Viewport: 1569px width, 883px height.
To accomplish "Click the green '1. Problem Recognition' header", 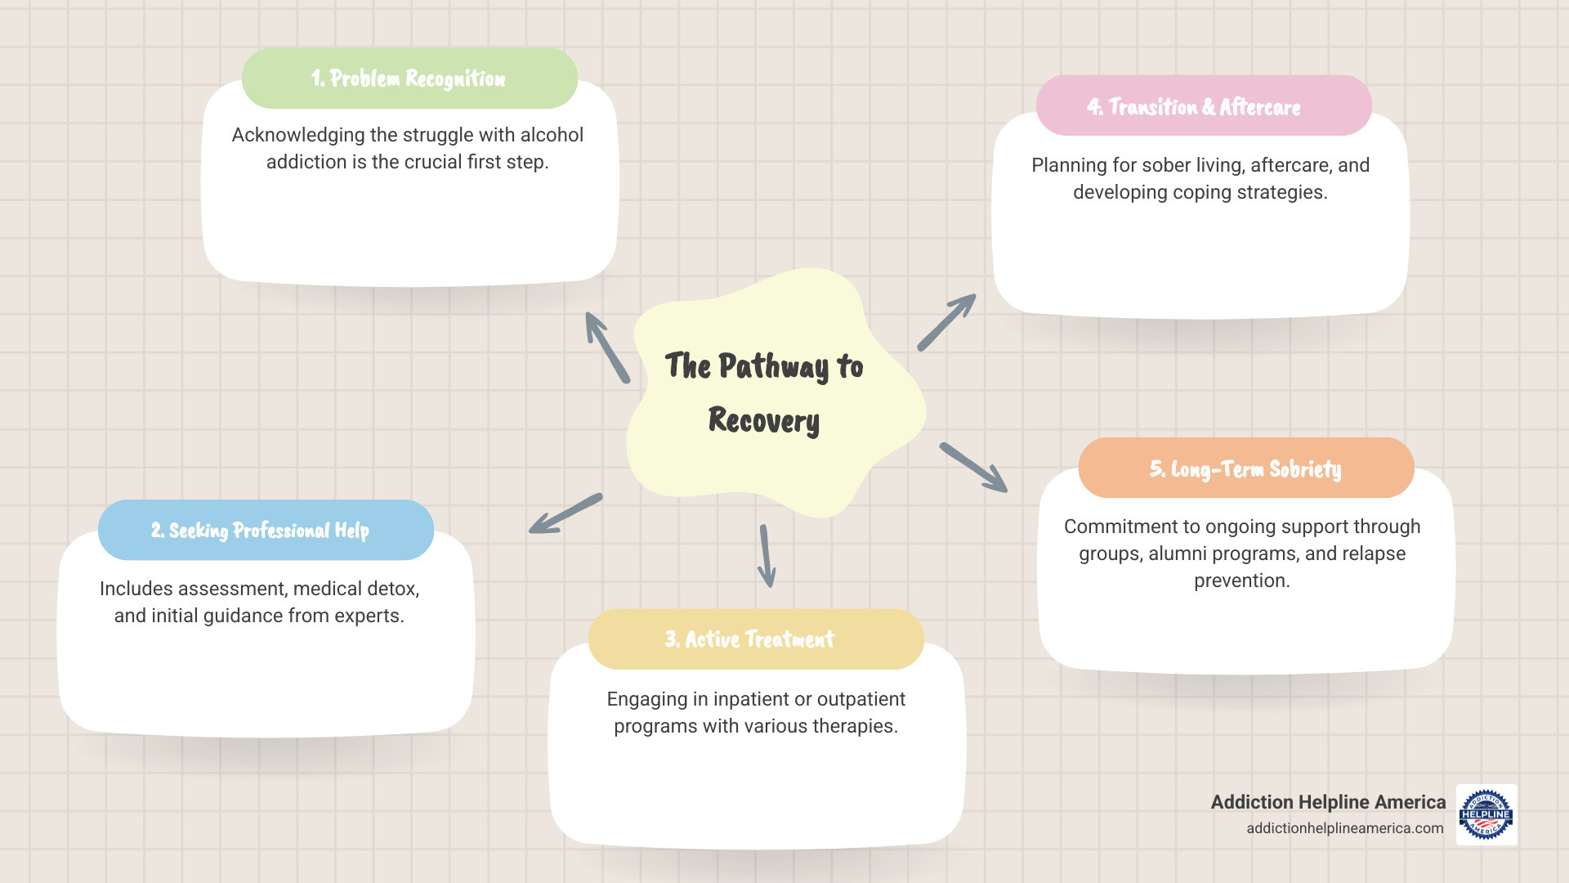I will (409, 78).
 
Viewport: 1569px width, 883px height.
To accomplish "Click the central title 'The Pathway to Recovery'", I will (764, 392).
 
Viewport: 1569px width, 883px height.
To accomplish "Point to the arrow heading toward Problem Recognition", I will (607, 347).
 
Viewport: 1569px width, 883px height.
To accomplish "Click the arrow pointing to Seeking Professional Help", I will (565, 513).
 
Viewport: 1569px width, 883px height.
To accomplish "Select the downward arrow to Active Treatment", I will (766, 556).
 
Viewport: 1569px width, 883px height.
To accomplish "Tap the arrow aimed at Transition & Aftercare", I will (946, 322).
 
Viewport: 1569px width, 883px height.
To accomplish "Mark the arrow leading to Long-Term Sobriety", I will (973, 468).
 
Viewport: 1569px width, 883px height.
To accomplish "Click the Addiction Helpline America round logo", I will (1486, 814).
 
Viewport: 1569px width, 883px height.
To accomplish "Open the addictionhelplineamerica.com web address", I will (1344, 828).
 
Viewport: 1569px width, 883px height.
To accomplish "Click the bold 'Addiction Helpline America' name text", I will (1328, 802).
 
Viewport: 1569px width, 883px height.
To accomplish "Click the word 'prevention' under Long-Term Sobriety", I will (1240, 580).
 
